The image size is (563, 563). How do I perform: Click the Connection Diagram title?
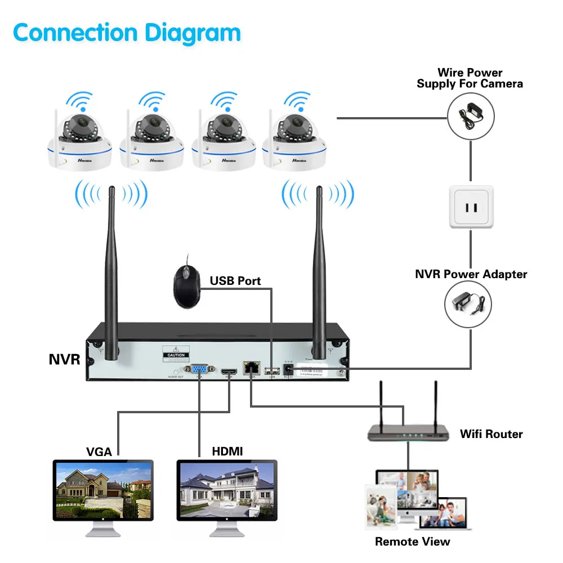pos(127,33)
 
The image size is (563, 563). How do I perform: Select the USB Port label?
pos(235,280)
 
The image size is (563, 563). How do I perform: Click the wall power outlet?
pos(471,207)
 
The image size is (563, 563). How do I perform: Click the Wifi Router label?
pos(491,434)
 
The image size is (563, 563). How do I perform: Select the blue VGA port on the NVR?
pos(199,370)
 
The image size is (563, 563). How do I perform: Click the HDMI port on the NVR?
pos(229,372)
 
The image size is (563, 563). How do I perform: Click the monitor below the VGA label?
pos(103,493)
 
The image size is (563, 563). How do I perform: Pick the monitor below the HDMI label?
pos(227,493)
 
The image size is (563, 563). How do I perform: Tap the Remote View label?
pos(413,542)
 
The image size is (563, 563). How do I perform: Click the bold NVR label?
pos(64,360)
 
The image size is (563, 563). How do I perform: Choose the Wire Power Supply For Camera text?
pos(470,78)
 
